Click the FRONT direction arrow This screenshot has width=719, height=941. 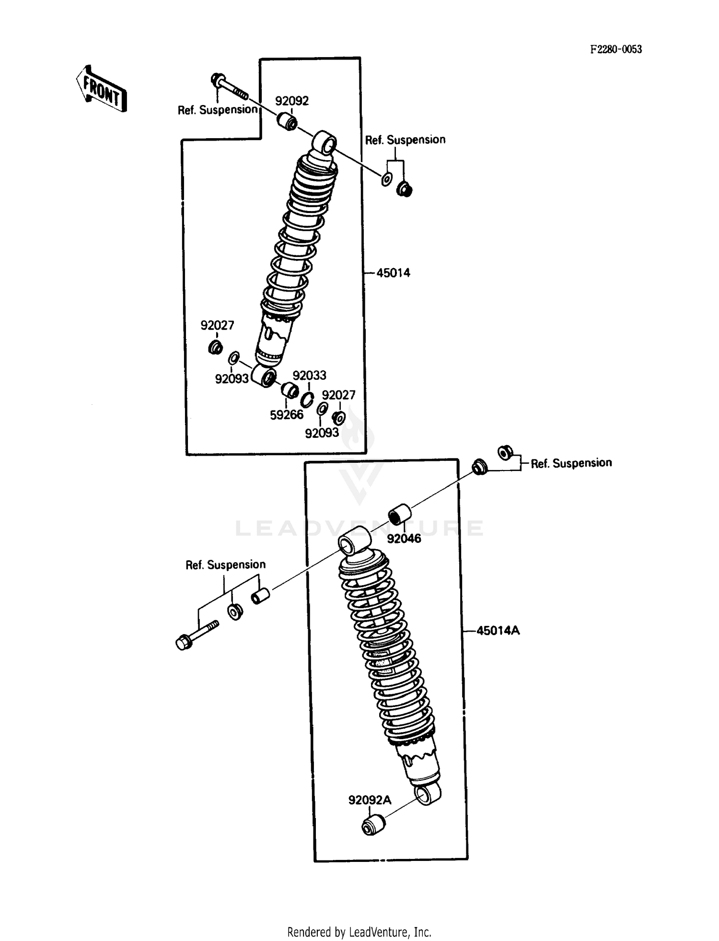coord(101,89)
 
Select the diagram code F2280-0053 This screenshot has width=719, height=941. coord(615,49)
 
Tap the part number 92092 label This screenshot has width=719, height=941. coord(291,101)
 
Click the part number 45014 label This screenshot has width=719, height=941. coord(393,273)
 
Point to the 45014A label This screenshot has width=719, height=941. coord(498,630)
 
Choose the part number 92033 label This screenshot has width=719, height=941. coord(309,375)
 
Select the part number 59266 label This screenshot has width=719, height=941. coord(287,415)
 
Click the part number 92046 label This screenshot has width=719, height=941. coord(404,538)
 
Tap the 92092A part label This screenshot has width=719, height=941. coord(370,800)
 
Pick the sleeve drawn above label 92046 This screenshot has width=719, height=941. coord(399,514)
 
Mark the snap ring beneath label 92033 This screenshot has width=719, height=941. coord(307,399)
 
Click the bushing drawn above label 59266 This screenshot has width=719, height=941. coord(290,390)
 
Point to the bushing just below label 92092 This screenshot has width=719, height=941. coord(287,121)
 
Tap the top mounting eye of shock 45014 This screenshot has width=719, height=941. coord(325,142)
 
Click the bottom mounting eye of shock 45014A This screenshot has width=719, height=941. coord(428,793)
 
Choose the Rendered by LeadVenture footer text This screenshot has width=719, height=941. coord(359,932)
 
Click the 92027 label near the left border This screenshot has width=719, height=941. coord(217,325)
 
